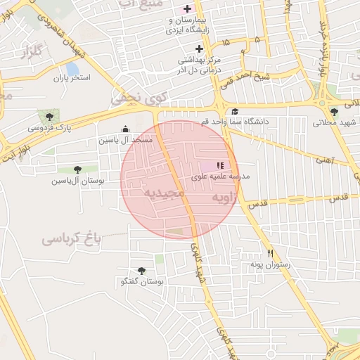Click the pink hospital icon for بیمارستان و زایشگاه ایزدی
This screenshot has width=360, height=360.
(x=187, y=9)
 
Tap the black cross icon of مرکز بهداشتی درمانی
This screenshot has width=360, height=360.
(x=199, y=49)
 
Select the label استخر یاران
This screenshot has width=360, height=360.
(x=72, y=77)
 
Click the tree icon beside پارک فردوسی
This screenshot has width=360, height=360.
(x=49, y=117)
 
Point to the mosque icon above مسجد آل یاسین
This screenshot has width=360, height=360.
(x=126, y=129)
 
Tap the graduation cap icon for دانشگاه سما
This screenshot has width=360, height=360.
(x=234, y=111)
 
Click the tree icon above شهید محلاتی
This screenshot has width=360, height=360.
(x=333, y=112)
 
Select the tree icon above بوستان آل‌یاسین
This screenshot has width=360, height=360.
(x=77, y=169)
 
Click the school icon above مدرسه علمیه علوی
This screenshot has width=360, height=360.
(x=230, y=165)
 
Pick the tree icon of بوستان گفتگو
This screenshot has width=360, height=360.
(x=141, y=271)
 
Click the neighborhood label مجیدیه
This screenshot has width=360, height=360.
(x=163, y=191)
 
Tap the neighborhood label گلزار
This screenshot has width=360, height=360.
(x=32, y=52)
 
